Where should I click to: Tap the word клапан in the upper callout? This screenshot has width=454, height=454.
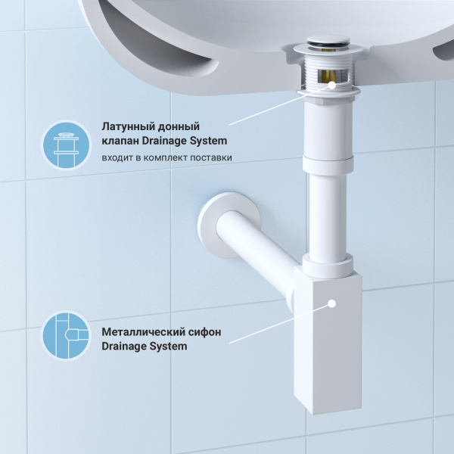(119, 141)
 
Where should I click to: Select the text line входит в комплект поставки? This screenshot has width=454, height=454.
(166, 157)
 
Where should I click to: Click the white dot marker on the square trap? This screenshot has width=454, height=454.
(331, 303)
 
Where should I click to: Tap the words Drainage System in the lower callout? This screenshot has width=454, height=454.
(144, 347)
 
